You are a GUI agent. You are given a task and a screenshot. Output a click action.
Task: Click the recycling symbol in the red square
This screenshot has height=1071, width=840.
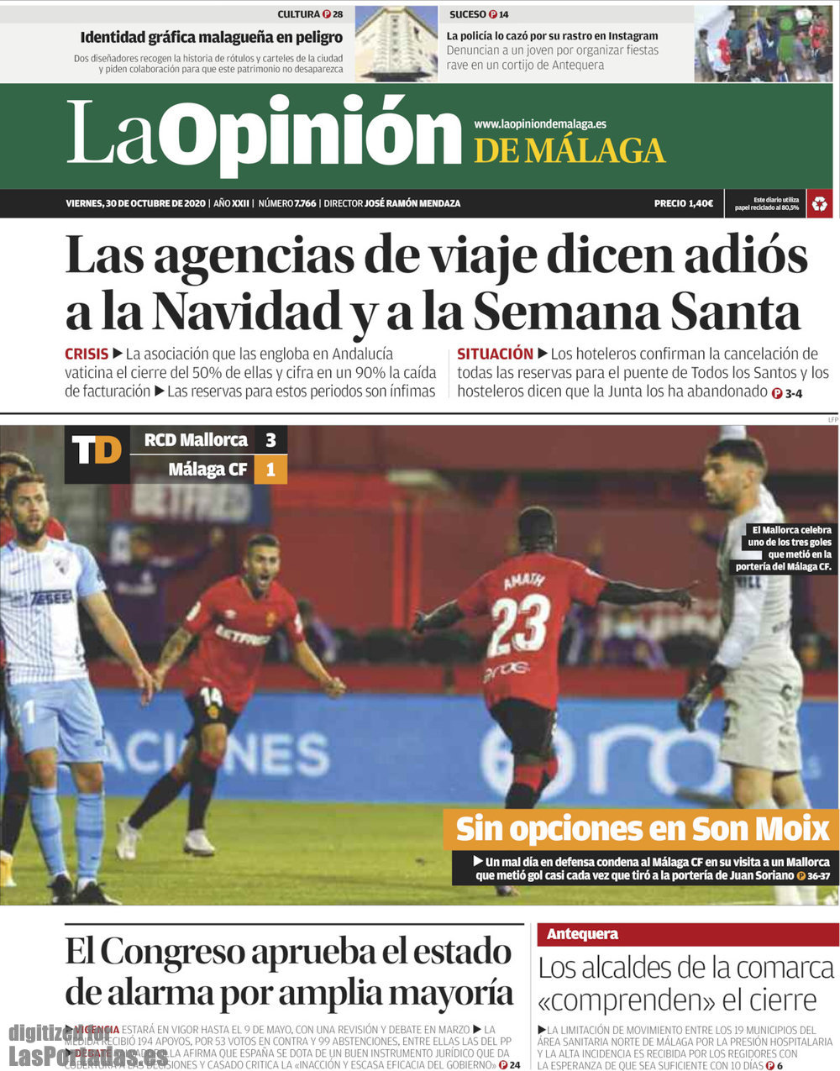coord(819,203)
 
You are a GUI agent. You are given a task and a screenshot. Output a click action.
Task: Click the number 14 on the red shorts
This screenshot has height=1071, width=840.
coord(211,696)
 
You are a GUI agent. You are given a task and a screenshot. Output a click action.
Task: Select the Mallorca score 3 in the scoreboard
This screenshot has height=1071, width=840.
coord(270,439)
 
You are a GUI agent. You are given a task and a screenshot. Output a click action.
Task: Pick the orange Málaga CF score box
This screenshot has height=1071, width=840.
coord(270,470)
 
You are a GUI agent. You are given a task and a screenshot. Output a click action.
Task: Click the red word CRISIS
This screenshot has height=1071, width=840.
coord(87,354)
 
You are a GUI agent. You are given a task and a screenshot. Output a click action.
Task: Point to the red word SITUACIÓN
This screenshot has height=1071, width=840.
coord(495,354)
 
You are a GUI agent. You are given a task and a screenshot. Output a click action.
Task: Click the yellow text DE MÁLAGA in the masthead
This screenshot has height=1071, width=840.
coord(570,151)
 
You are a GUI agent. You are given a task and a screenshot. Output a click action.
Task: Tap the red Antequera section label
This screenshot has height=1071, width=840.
coord(582,933)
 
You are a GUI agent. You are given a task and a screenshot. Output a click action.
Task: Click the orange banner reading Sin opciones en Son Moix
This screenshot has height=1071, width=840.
coord(642,829)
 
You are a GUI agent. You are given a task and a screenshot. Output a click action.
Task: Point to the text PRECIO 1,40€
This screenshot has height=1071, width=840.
coord(683,203)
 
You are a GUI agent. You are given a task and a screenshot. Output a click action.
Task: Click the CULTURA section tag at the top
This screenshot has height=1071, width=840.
coord(299,14)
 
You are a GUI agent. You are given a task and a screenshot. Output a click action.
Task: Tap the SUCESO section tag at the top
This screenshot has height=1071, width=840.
coord(468,14)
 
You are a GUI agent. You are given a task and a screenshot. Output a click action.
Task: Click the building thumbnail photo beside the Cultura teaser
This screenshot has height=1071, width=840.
coord(396,43)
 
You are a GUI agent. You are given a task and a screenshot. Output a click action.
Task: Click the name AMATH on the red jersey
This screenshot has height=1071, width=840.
coord(524,580)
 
